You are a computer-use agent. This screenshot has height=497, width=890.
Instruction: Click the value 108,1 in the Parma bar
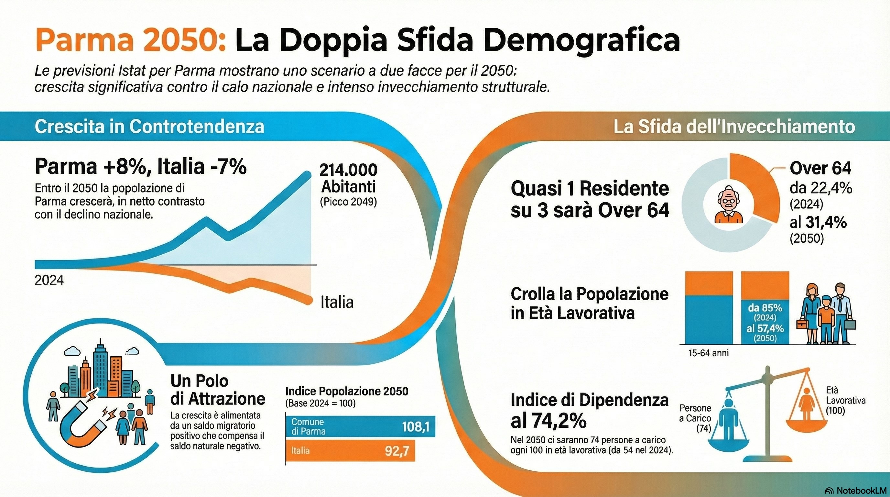pos(416,427)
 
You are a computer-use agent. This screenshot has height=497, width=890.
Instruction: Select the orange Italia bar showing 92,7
pos(350,451)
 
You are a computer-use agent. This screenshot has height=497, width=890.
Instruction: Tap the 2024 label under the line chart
pos(49,280)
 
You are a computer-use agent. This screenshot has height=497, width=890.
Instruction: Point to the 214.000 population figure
pos(348,170)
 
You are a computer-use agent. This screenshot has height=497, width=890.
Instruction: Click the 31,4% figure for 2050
pos(826,223)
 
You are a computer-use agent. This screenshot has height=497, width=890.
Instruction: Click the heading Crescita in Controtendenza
pos(149,127)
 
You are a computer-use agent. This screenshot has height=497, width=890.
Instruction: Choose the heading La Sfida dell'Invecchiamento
pos(734,127)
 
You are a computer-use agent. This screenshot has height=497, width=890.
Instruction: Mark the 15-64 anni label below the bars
pos(708,353)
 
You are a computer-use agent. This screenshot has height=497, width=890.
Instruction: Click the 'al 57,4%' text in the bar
pos(765,328)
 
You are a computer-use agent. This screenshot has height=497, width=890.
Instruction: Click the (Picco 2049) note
pos(348,202)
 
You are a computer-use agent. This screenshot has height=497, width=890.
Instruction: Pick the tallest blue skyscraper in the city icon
pos(101,370)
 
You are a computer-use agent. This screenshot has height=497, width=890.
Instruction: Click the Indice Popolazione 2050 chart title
pos(347,391)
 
